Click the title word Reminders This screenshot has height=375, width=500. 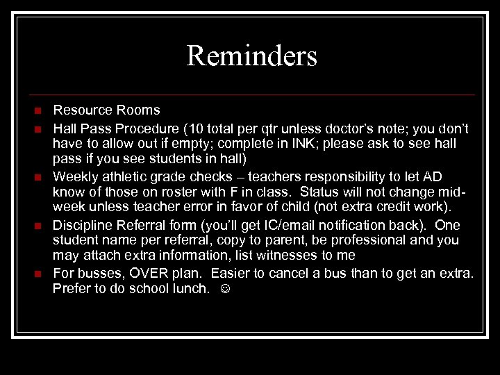click(251, 56)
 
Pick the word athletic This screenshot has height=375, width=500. click(124, 177)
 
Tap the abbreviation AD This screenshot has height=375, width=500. click(431, 177)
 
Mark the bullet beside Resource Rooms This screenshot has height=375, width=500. click(38, 110)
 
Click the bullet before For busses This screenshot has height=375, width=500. click(38, 274)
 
